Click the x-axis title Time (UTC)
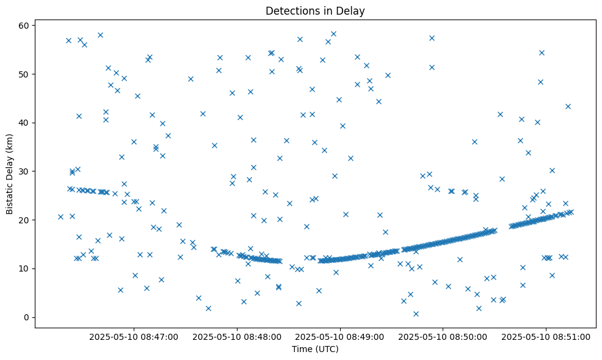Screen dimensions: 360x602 [x=315, y=350]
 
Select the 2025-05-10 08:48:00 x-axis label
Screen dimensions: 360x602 [x=238, y=336]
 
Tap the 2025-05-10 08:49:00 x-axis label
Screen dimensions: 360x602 [x=340, y=336]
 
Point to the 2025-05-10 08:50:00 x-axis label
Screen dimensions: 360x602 [x=443, y=336]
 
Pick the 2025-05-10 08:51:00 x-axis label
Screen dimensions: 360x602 [x=546, y=336]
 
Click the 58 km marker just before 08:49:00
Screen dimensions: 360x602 [x=333, y=34]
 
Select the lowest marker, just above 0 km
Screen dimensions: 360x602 [x=416, y=314]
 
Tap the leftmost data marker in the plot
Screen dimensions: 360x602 [x=60, y=217]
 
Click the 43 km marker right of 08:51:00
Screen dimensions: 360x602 [x=568, y=106]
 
